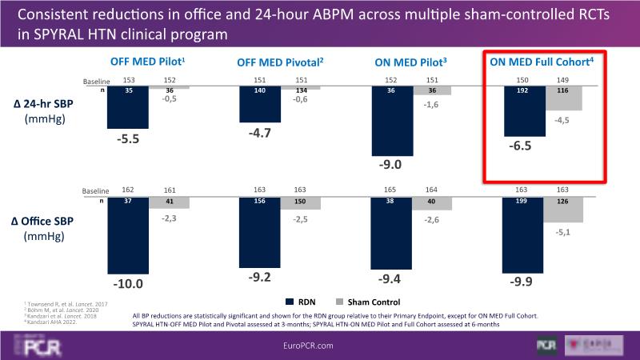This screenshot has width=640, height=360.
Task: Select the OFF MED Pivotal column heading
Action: point(279,63)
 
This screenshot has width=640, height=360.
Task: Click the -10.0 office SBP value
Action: point(129,282)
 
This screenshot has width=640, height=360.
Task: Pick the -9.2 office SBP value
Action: point(258,277)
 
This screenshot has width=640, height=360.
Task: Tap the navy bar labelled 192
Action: point(523,112)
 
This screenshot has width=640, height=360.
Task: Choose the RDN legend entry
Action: point(302,302)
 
